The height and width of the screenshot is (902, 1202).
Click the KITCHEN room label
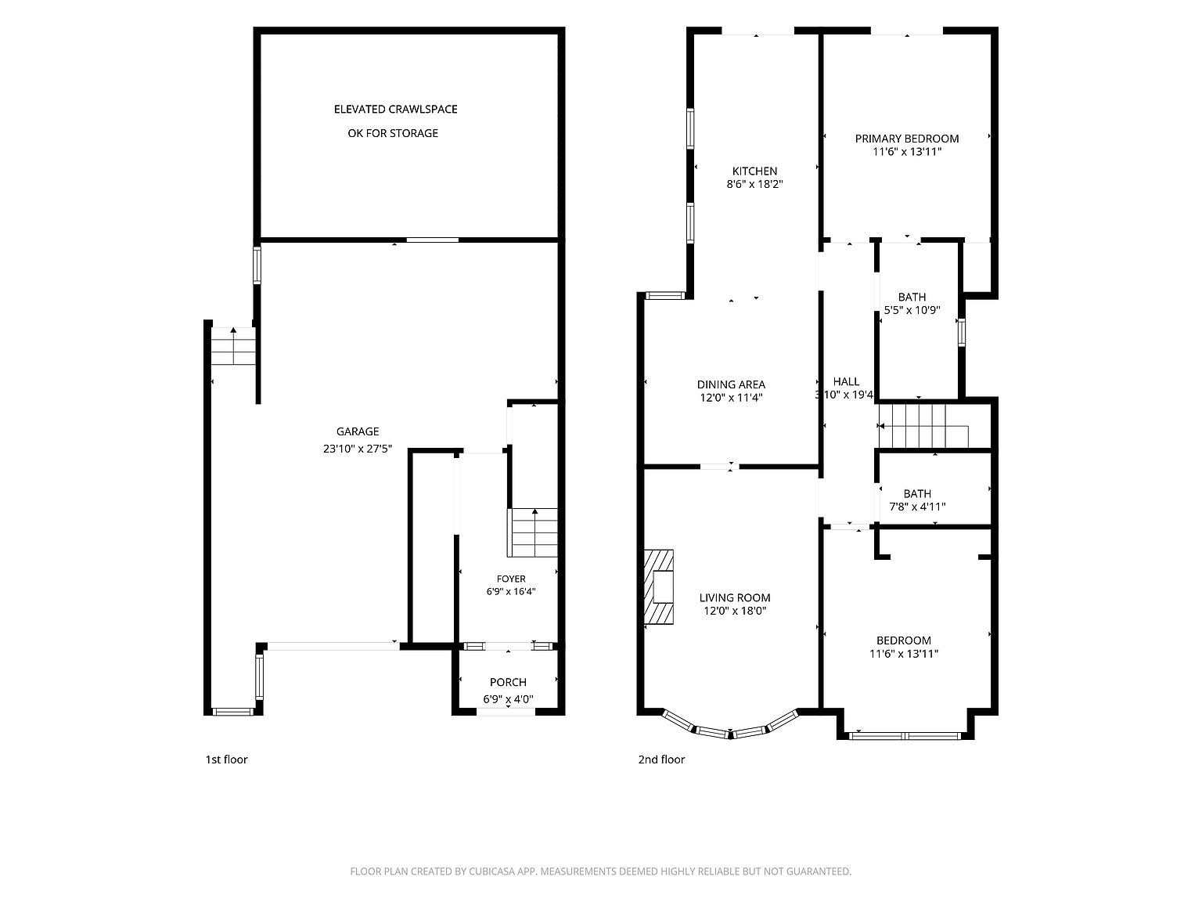point(754,171)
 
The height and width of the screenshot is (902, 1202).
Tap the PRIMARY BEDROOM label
point(906,139)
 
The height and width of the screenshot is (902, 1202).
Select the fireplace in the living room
point(658,586)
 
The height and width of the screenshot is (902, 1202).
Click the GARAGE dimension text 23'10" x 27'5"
point(357,449)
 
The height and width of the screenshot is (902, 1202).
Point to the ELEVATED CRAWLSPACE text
point(395,109)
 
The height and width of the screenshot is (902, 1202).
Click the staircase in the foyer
point(532,532)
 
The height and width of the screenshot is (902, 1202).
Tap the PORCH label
point(508,683)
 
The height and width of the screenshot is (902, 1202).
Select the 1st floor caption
point(226,759)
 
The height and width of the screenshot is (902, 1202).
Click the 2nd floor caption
point(661,759)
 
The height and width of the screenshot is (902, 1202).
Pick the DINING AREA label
point(730,385)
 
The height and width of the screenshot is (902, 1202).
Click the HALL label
point(845,382)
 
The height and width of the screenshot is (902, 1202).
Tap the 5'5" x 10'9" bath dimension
point(912,311)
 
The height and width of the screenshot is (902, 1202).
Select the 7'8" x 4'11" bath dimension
point(917,507)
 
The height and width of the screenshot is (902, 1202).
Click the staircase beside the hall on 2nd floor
point(923,426)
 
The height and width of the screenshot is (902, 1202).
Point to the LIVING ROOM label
point(734,598)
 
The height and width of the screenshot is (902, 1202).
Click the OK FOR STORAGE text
point(393,133)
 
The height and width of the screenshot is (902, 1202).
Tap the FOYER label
point(510,579)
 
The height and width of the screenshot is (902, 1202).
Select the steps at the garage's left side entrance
point(234,346)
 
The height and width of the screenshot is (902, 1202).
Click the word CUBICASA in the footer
point(492,871)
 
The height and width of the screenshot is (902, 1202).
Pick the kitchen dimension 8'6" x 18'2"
point(754,185)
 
